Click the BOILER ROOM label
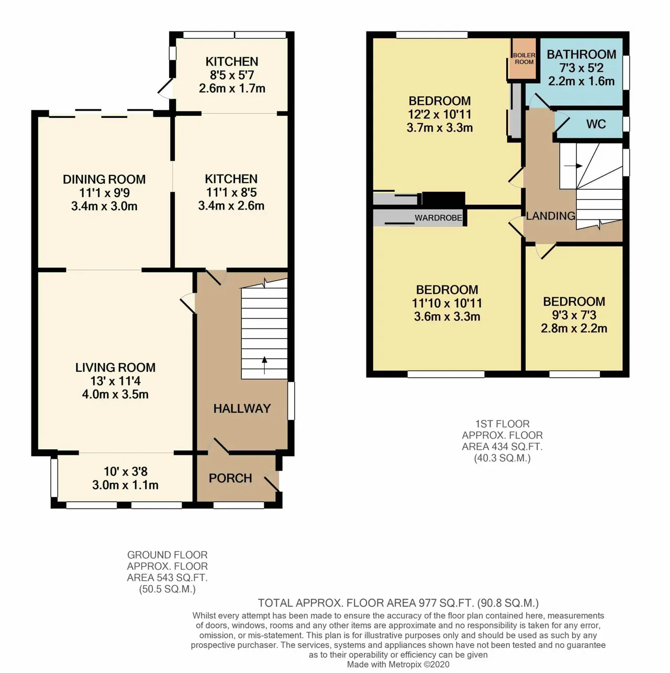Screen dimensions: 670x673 click(524, 58)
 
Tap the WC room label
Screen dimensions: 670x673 click(596, 124)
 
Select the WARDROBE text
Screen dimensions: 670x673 click(438, 218)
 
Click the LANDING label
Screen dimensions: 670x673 click(551, 216)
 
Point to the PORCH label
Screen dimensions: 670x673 click(230, 478)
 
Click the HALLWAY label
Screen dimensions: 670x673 click(242, 409)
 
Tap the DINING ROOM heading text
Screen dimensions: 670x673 click(104, 179)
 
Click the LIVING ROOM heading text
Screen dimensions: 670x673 click(115, 368)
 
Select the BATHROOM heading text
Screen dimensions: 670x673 click(582, 54)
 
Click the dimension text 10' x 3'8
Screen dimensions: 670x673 click(125, 471)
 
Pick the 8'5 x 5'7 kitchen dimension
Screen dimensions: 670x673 click(232, 75)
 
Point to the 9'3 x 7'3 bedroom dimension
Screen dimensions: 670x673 click(574, 315)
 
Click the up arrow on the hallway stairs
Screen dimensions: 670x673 click(264, 365)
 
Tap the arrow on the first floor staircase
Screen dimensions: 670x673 click(573, 166)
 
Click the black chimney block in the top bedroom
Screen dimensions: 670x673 click(443, 198)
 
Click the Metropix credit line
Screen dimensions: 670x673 click(398, 664)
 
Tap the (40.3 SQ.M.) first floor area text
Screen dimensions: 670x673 click(502, 458)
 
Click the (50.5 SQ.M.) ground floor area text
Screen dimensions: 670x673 click(167, 589)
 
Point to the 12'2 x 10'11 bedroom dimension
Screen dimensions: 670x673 click(440, 114)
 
